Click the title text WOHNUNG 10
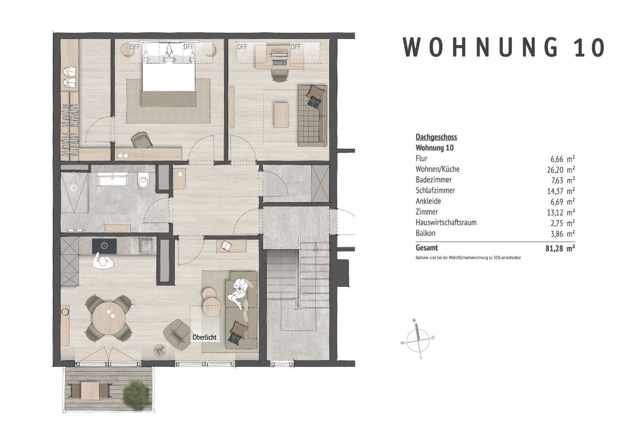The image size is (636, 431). coord(504,47)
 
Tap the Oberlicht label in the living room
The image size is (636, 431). coord(205,337)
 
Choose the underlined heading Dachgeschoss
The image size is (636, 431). coord(436,137)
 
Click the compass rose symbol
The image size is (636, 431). coord(418,338)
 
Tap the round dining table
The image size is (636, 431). coord(108,318)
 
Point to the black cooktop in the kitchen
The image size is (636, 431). coord(105,246)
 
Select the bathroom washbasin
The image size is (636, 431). coord(112,180)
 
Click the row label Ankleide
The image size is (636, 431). coord(428,201)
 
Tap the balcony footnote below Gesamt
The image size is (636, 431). coord(468,258)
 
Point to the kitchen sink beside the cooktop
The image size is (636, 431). coord(145,245)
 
